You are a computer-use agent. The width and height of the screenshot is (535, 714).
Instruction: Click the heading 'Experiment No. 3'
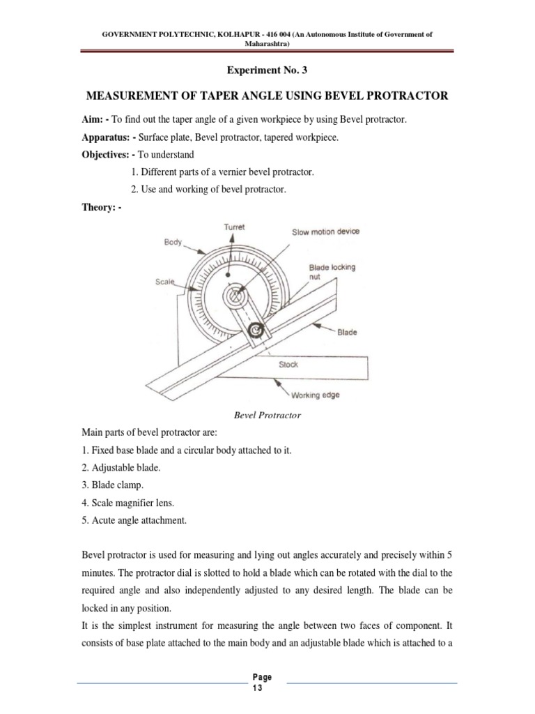coord(267,70)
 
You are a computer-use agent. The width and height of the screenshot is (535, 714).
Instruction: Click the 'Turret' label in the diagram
coord(234,227)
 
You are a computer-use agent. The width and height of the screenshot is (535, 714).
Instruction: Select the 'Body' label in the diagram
coord(173,242)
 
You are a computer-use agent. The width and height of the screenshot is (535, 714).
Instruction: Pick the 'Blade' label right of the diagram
coord(347,333)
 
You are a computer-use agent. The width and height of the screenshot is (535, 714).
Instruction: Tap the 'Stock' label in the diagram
coord(288,365)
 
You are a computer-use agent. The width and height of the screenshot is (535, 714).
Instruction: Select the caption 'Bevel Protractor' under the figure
coord(267,416)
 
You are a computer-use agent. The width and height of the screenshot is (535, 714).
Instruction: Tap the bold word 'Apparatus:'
coord(107,137)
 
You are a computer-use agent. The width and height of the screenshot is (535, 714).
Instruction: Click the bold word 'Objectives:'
coord(107,155)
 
